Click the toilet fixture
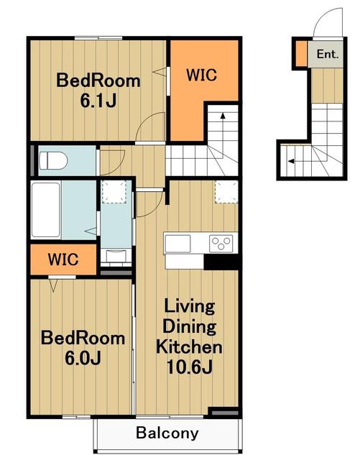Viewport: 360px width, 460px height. (53, 160)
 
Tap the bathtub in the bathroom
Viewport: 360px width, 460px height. (46, 210)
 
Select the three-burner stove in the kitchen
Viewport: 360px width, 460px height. (221, 243)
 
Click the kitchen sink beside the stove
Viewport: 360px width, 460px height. (177, 244)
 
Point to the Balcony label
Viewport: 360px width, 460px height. (167, 433)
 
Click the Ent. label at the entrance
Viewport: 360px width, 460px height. (328, 54)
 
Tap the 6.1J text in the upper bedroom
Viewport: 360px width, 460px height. (98, 101)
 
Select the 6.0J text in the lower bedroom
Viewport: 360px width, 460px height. (83, 358)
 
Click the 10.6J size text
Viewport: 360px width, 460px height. (190, 367)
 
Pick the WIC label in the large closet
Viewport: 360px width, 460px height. (202, 75)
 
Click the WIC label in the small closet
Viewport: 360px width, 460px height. (63, 259)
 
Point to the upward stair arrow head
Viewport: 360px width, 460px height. (223, 116)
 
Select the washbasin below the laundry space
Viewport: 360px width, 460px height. (116, 256)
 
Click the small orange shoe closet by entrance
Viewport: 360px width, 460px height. (301, 53)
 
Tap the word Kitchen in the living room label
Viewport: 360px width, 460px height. (189, 346)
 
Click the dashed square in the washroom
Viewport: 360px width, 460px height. (114, 192)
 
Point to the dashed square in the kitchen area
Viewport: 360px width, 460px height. (226, 192)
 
